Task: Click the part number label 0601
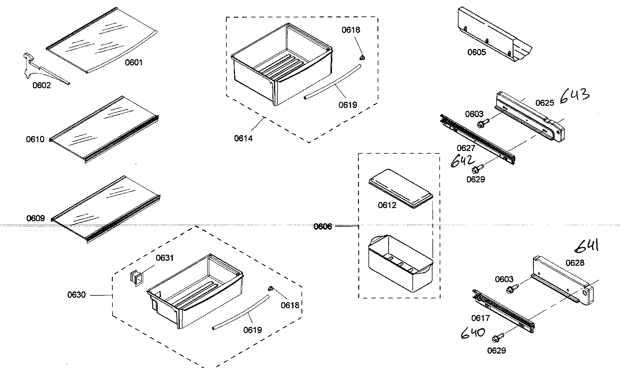tap(134, 62)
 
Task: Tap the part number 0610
tap(35, 139)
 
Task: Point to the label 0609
tap(36, 218)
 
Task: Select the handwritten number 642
tap(462, 162)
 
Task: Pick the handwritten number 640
tap(473, 333)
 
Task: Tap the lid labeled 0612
tap(401, 188)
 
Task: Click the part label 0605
tap(477, 53)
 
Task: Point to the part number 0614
tap(243, 138)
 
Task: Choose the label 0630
tap(76, 295)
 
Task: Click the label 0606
tap(323, 227)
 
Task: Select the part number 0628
tap(575, 263)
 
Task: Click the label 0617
tap(480, 318)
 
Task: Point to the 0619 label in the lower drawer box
tap(252, 330)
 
